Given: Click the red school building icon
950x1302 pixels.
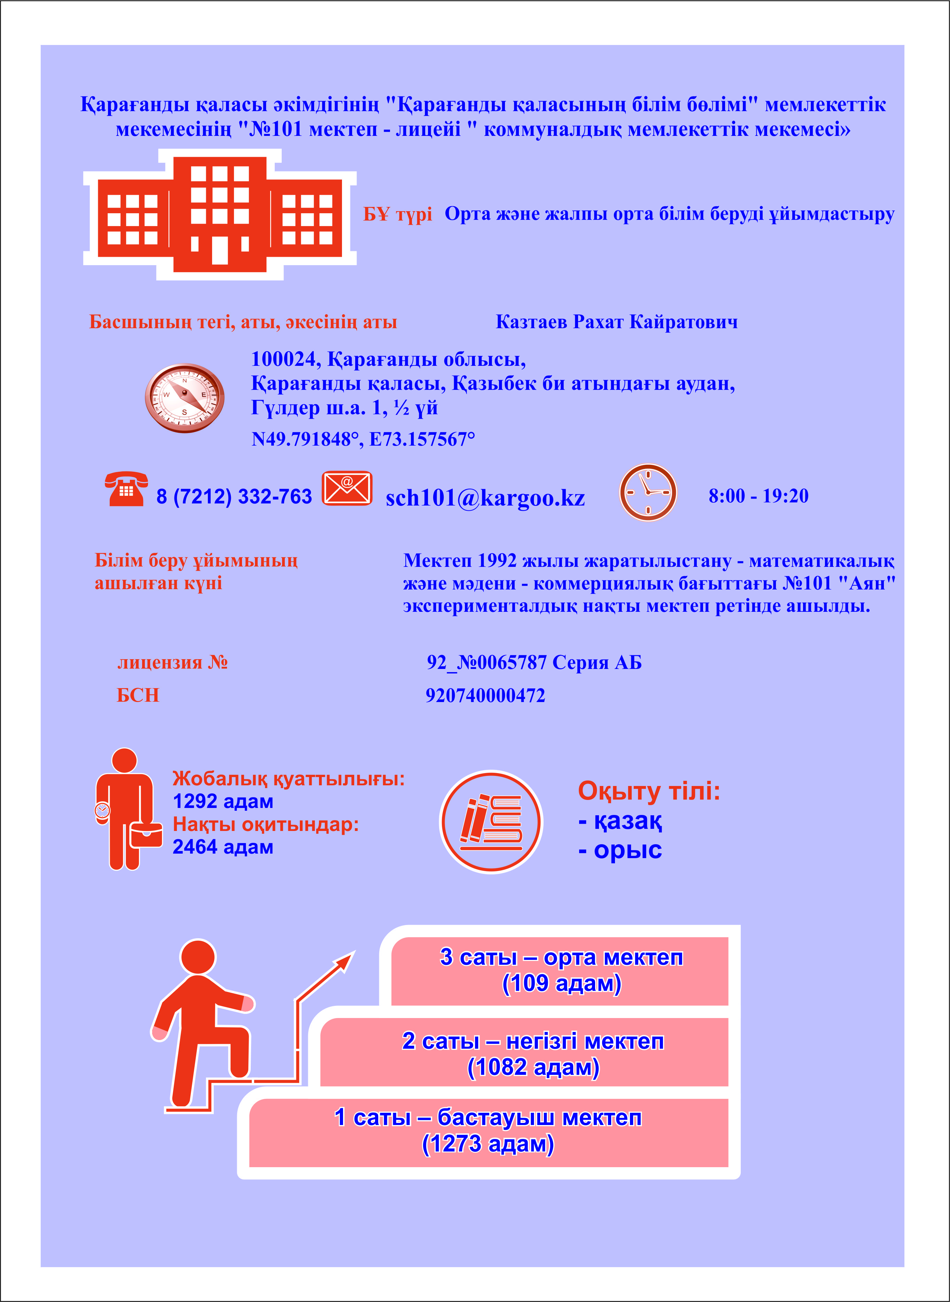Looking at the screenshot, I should tap(220, 214).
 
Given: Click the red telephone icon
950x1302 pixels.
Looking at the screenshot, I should tap(126, 489).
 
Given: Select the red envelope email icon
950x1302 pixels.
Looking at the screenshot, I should tap(347, 488).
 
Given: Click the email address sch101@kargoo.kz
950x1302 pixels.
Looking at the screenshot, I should tap(485, 498).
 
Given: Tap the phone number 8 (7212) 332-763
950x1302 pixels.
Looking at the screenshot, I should tap(234, 496).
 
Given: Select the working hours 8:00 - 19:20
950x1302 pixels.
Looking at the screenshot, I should tap(758, 496).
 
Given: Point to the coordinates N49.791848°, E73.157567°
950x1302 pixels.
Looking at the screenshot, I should tap(363, 440).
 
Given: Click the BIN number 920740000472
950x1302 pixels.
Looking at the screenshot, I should tap(485, 695).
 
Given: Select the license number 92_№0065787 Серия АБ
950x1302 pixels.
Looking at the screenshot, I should tap(534, 662).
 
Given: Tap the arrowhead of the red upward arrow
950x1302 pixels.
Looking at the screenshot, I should tap(347, 958).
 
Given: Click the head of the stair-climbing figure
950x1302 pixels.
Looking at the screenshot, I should tap(198, 957).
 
